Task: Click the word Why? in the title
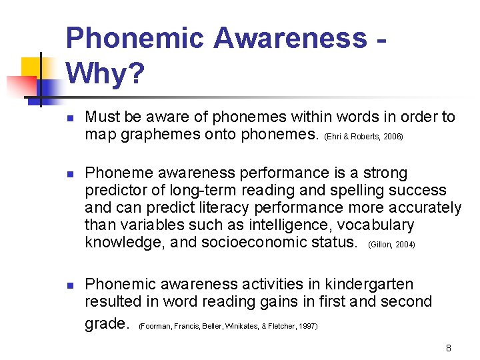coord(105,74)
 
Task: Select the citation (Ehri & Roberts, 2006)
coord(363,136)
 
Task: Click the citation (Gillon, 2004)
coord(391,245)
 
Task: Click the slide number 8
coord(449,348)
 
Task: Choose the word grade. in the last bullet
coord(107,324)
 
